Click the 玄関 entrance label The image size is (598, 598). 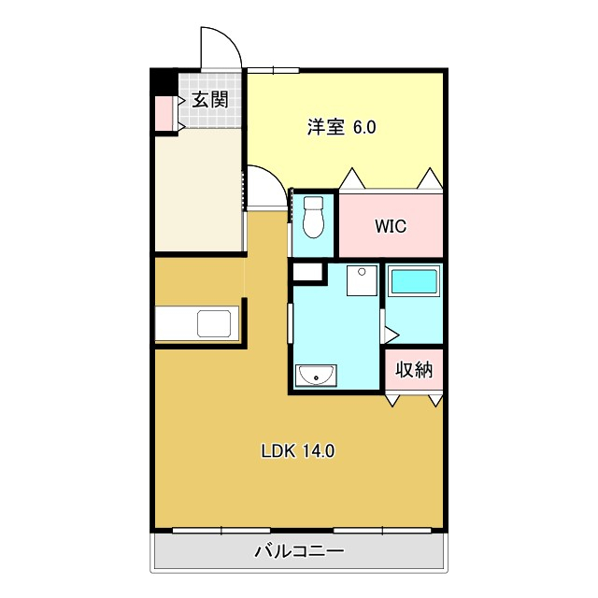(x=210, y=100)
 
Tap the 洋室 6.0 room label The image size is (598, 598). (x=341, y=127)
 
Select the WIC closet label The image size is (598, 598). (x=390, y=226)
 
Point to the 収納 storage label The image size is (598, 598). (x=413, y=369)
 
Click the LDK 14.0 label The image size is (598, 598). (x=297, y=451)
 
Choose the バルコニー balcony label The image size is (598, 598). (x=299, y=551)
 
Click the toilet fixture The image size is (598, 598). (x=314, y=217)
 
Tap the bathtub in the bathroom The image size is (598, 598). (x=413, y=281)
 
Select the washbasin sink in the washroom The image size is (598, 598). (x=317, y=377)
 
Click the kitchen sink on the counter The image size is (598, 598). (x=213, y=324)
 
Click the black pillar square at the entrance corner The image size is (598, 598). (x=164, y=82)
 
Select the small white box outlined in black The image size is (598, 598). (x=306, y=273)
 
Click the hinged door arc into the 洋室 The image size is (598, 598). (x=264, y=188)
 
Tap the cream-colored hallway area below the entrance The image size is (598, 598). (x=199, y=192)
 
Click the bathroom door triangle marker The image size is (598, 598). (x=391, y=334)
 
